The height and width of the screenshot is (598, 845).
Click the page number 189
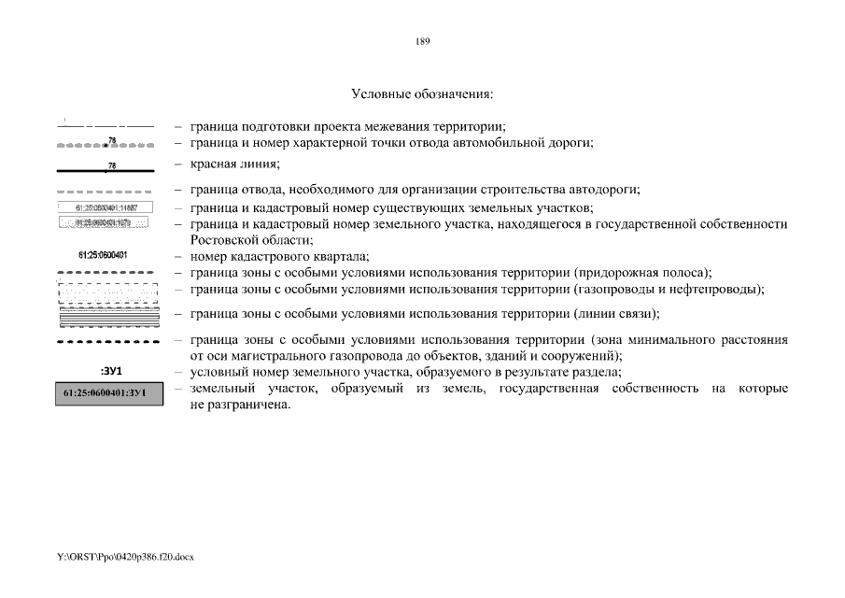(422, 41)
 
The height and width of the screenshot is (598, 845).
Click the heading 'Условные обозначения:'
(422, 94)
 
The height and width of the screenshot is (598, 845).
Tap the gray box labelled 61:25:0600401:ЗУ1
(106, 393)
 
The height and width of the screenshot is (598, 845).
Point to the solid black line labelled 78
(106, 171)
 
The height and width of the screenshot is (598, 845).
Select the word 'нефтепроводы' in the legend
(722, 289)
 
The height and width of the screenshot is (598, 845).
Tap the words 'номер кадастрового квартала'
(278, 256)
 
